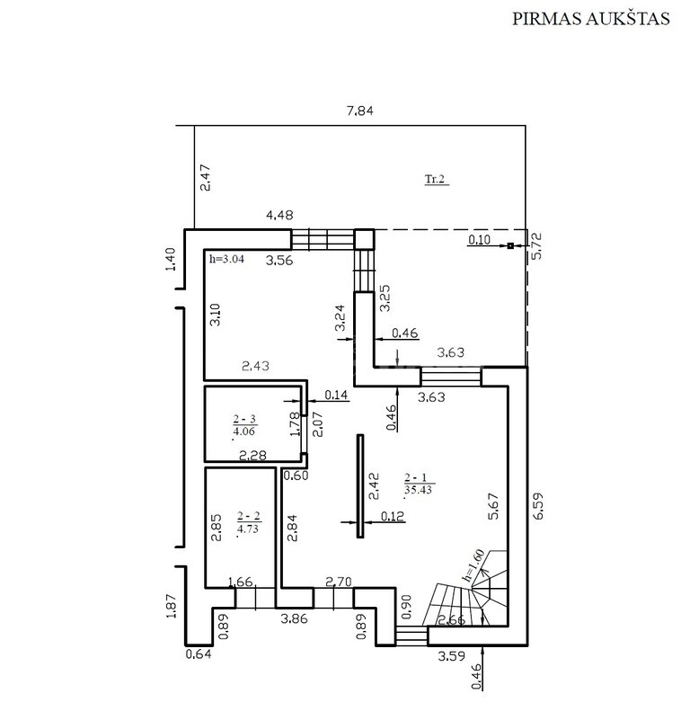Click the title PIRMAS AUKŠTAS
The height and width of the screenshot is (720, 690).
click(591, 18)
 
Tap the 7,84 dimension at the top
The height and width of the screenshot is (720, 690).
click(360, 111)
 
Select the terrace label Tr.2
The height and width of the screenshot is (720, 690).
click(435, 179)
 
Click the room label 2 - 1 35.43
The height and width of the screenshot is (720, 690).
click(419, 484)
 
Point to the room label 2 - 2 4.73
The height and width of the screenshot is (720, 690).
click(248, 523)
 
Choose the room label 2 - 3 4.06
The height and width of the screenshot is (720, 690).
click(244, 425)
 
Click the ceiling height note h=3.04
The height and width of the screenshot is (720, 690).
click(226, 259)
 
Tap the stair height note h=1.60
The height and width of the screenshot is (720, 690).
click(474, 565)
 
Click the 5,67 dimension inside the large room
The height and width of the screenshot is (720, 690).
click(493, 506)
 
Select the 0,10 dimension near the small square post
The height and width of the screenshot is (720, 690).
click(479, 240)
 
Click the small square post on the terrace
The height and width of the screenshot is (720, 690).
click(510, 245)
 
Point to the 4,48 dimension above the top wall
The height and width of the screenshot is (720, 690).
click(279, 215)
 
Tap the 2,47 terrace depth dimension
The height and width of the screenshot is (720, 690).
click(206, 177)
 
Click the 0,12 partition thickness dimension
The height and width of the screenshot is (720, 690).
click(393, 516)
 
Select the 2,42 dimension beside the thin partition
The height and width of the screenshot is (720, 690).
click(374, 486)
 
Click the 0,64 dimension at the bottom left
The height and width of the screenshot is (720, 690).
click(199, 653)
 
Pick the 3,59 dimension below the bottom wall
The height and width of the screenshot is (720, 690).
click(451, 655)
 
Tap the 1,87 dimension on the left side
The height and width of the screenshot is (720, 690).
click(172, 606)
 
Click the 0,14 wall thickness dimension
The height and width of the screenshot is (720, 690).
click(337, 395)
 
